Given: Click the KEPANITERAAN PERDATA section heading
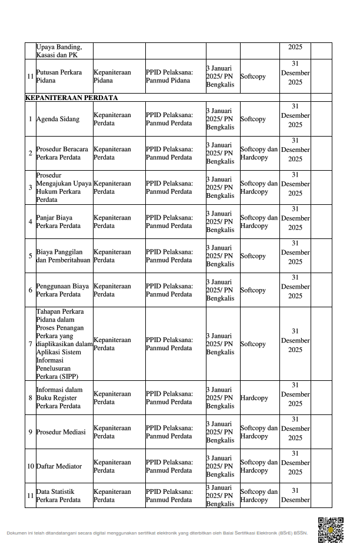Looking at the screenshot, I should click(x=71, y=98).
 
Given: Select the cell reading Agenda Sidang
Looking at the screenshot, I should click(x=58, y=119).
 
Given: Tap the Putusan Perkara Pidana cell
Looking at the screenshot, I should click(x=59, y=77).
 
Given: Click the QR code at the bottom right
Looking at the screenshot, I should click(x=330, y=529).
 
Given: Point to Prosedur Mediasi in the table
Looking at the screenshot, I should click(x=61, y=432).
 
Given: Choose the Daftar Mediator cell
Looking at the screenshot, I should click(x=59, y=466).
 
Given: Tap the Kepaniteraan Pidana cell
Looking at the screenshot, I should click(x=112, y=77).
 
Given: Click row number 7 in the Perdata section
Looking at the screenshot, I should click(x=30, y=344).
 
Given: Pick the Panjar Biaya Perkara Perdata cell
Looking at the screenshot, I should click(x=58, y=222).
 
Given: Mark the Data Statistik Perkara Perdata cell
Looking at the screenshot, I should click(x=58, y=496).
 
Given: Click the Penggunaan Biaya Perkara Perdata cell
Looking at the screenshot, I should click(x=62, y=290).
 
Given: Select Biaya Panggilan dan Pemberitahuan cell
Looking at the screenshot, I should click(x=63, y=256).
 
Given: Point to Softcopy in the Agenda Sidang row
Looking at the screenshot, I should click(x=252, y=119).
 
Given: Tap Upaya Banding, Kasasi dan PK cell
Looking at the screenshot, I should click(x=59, y=51).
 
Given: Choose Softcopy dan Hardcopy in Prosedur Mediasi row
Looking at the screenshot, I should click(x=259, y=432).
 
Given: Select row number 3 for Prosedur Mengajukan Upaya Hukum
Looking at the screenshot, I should click(x=30, y=188).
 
